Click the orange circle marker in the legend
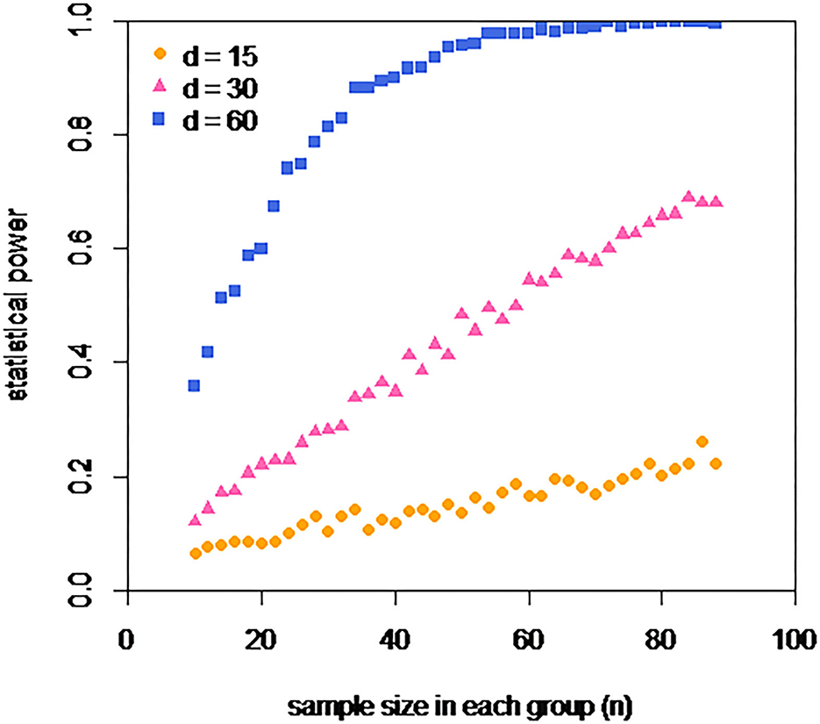[x=159, y=54]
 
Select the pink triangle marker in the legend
[x=159, y=87]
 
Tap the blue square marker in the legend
[x=159, y=120]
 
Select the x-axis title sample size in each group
[x=461, y=705]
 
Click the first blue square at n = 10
[x=195, y=385]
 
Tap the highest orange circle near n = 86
[x=702, y=441]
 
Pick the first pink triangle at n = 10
[x=195, y=520]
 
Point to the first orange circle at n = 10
[x=195, y=553]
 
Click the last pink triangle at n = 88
[x=716, y=201]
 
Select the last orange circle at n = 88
[x=716, y=463]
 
